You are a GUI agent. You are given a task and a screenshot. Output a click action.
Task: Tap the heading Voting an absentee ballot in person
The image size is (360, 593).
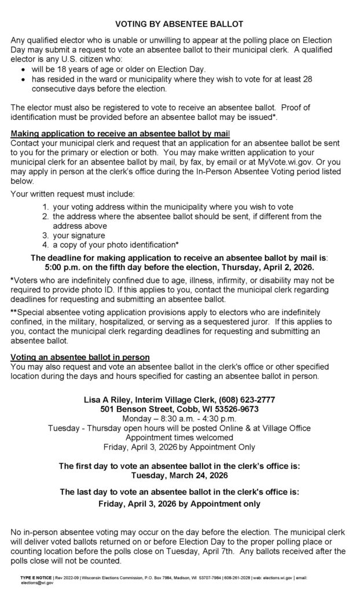80,357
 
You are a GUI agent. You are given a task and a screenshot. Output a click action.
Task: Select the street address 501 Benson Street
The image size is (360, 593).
134,409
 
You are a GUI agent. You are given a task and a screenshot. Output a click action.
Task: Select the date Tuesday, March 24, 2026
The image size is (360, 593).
179,476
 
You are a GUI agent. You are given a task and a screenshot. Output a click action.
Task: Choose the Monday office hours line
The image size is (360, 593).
179,418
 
